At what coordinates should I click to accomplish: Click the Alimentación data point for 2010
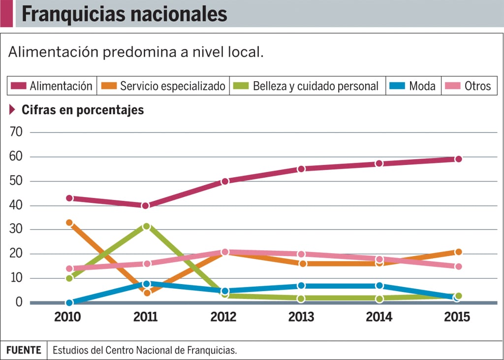point(69,198)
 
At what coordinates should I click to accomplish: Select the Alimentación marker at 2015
point(458,159)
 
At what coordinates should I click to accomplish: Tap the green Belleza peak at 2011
point(146,227)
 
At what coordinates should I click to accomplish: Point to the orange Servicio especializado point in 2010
point(69,223)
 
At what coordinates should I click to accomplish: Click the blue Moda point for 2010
point(69,302)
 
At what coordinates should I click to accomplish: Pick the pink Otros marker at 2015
point(458,266)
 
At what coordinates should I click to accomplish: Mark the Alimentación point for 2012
point(225,181)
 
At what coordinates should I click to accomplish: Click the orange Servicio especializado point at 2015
point(458,252)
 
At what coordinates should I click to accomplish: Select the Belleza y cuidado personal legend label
point(315,86)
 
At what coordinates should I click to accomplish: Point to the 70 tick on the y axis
point(17,132)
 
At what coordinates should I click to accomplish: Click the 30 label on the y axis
point(17,229)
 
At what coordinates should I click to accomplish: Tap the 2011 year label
point(146,317)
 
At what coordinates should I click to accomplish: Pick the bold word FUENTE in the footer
point(24,350)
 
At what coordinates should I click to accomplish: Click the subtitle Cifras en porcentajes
point(83,110)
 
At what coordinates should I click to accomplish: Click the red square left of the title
point(6,14)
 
